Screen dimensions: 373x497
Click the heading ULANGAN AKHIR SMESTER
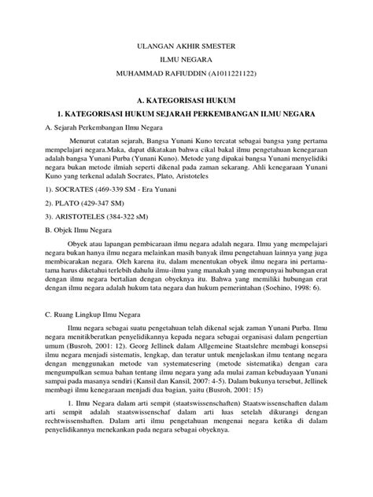tap(186, 48)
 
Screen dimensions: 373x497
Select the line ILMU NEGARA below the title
tap(186, 63)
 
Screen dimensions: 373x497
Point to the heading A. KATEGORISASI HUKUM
tap(186, 101)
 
